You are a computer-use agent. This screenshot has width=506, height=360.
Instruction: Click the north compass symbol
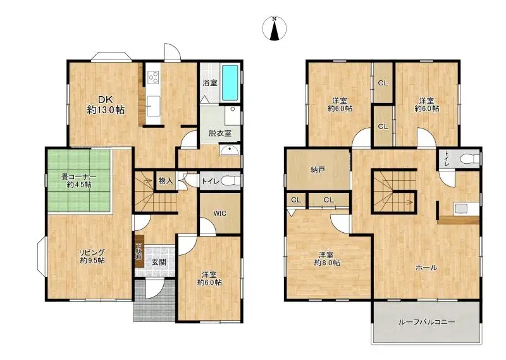275,28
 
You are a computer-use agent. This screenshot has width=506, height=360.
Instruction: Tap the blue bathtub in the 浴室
230,83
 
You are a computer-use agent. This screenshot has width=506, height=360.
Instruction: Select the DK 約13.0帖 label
106,105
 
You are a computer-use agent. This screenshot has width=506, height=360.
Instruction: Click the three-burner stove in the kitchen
153,77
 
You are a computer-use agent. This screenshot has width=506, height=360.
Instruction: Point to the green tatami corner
80,181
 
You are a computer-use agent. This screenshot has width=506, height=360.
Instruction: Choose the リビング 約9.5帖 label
92,256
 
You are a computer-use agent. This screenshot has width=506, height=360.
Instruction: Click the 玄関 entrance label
159,262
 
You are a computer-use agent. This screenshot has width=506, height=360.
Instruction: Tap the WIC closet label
219,213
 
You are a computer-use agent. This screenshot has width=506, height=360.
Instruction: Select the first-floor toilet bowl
231,180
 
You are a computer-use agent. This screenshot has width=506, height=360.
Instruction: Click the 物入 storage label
166,181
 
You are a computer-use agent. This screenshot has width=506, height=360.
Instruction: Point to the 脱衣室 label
219,133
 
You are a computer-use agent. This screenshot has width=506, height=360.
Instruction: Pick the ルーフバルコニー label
426,322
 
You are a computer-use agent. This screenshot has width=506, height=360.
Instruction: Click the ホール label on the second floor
426,268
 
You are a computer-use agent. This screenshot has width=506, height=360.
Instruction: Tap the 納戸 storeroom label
318,170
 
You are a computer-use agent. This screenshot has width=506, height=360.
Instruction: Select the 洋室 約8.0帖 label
327,259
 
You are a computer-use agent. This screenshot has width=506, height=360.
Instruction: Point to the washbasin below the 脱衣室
229,150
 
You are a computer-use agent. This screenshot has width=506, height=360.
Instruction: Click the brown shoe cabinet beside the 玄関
139,254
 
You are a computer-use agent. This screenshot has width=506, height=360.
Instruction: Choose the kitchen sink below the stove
153,106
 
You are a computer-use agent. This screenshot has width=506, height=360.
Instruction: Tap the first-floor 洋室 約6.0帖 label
209,278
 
